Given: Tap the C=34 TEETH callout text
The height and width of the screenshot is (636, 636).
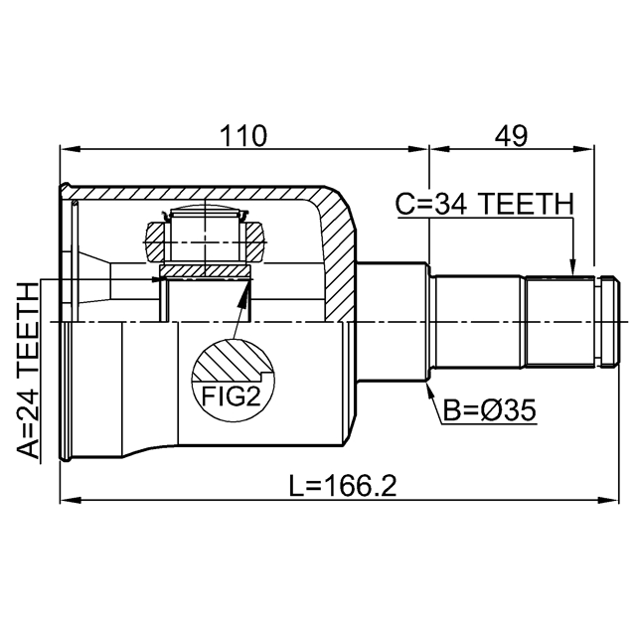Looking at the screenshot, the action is [x=484, y=204].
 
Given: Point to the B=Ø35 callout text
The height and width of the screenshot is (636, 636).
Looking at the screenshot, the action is [x=489, y=410].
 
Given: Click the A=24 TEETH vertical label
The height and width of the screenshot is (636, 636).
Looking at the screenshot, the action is [x=28, y=371].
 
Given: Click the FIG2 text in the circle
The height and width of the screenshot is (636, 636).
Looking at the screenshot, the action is [x=231, y=396].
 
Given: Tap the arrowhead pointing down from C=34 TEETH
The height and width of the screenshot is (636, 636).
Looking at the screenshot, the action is [x=572, y=266].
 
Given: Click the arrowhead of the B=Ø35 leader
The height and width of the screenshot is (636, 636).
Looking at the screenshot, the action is [x=429, y=390].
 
